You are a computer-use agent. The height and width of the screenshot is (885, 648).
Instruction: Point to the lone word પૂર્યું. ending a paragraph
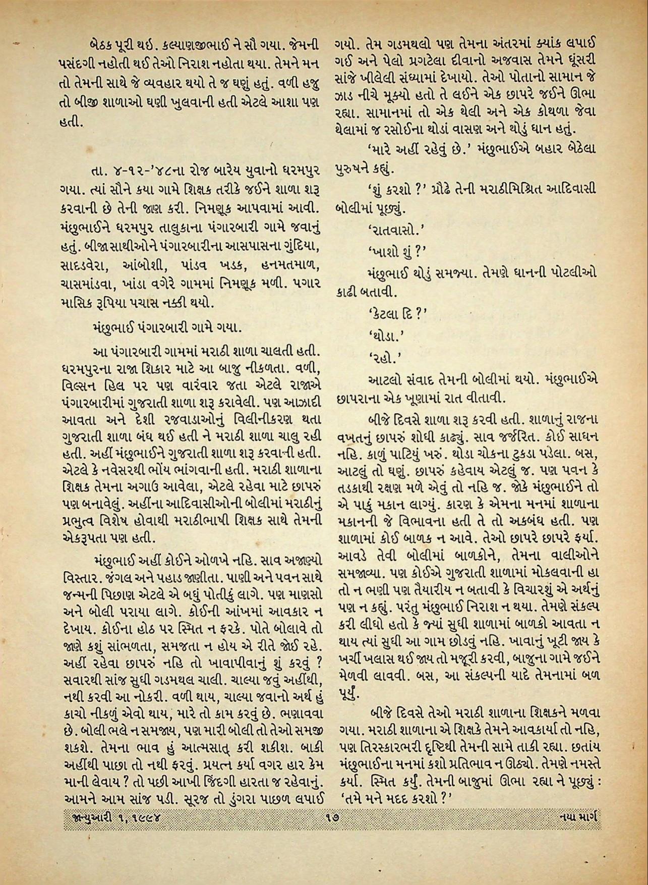(348, 693)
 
